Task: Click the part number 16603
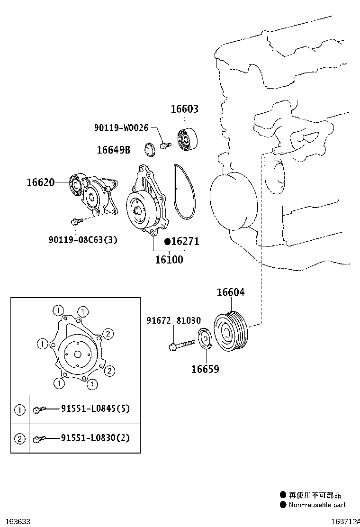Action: tap(185, 109)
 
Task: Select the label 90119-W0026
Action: tap(121, 127)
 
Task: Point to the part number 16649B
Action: tap(114, 150)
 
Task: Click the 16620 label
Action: tap(41, 182)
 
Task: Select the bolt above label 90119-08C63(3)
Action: tap(77, 221)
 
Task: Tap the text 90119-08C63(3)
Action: tap(83, 240)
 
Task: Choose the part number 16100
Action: tap(169, 259)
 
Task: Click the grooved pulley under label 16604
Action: tap(231, 331)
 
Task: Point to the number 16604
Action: tap(231, 292)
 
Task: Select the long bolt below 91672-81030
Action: tap(182, 345)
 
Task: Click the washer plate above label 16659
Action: tap(205, 339)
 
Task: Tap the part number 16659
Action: tap(205, 369)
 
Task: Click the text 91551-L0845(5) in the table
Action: tap(95, 409)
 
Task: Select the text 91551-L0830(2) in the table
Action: tap(95, 438)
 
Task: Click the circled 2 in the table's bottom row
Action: tap(20, 438)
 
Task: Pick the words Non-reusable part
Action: tap(317, 504)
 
